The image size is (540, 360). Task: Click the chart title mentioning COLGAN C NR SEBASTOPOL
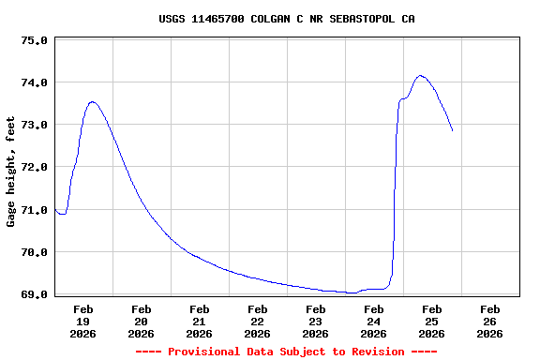click(286, 19)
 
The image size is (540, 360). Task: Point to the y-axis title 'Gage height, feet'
click(11, 172)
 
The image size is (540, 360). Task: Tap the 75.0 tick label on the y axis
click(34, 41)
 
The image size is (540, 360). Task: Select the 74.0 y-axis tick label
click(34, 83)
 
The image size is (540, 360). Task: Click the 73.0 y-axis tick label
click(34, 126)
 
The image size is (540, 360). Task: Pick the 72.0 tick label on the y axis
click(34, 168)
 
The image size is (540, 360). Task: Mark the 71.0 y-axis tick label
click(34, 210)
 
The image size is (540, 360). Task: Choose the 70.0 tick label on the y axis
click(34, 252)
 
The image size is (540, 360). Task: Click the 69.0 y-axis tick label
click(34, 294)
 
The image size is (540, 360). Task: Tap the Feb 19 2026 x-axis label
click(83, 321)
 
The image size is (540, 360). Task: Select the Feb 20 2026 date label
click(142, 321)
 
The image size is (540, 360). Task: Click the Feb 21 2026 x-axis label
click(200, 321)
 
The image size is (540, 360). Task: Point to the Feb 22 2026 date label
click(258, 321)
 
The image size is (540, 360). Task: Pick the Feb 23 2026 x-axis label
click(316, 321)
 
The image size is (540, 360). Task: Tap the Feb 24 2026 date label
click(374, 321)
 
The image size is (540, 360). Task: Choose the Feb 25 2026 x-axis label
click(432, 321)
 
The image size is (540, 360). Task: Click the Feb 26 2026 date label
click(490, 321)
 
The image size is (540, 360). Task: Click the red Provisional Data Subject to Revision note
click(286, 352)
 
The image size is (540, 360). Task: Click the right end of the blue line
click(452, 130)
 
